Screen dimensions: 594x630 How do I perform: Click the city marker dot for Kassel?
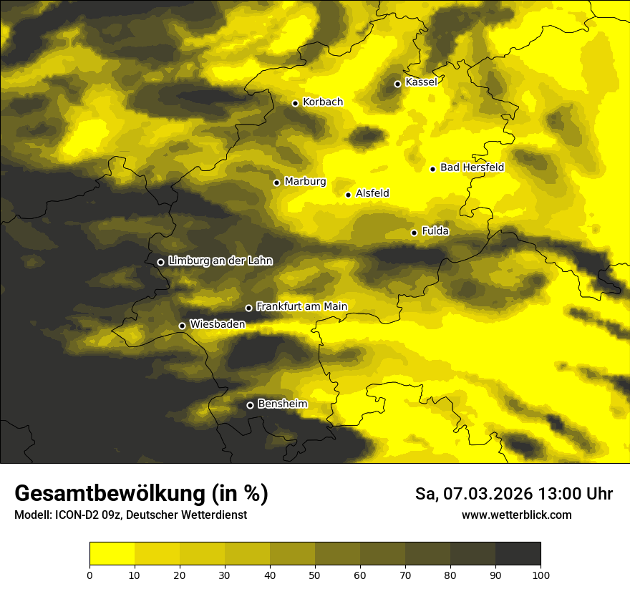point(397,84)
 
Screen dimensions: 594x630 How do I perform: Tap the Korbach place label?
point(322,102)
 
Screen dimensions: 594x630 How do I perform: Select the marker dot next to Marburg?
point(276,182)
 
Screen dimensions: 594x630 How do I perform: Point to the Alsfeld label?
point(372,193)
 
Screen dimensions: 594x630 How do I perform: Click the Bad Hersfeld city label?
point(472,167)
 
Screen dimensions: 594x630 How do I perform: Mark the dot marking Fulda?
point(414,233)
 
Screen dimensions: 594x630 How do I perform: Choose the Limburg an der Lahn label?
point(220,261)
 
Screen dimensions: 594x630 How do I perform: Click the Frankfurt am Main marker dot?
point(248,308)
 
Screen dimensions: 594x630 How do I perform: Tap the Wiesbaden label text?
point(217,324)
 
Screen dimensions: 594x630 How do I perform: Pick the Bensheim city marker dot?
point(250,405)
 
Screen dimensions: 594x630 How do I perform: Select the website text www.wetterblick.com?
point(516,515)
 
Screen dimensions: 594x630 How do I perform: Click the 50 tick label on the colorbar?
point(315,575)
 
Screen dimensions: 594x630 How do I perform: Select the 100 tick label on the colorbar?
point(541,575)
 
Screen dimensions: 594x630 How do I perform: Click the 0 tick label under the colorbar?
point(89,575)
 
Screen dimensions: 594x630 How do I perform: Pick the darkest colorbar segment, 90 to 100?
point(518,553)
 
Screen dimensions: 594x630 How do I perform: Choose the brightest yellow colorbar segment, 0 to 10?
point(112,553)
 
